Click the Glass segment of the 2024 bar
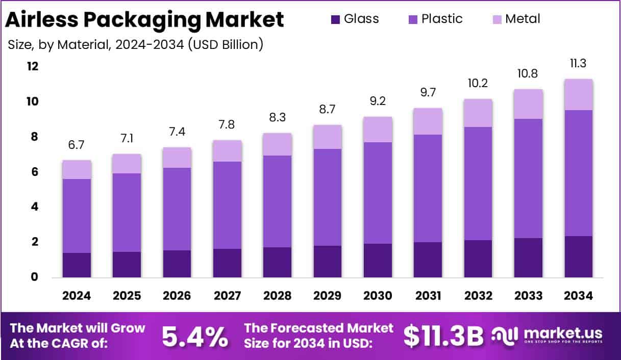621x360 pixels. coord(77,265)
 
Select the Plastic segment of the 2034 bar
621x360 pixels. coord(578,173)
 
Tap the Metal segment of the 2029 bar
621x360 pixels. coord(327,137)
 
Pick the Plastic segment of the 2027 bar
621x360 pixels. coord(227,205)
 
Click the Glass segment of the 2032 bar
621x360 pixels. coord(478,259)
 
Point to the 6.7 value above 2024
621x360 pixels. coord(77,145)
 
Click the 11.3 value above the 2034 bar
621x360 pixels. coord(578,64)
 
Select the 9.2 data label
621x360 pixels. coord(378,101)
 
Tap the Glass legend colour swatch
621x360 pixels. coord(335,19)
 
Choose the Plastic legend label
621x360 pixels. coord(442,19)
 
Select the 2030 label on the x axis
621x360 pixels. coord(378,296)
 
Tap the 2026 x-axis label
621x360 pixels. coord(177,296)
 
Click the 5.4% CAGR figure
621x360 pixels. coord(195,336)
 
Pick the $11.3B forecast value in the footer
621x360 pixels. coord(443,336)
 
